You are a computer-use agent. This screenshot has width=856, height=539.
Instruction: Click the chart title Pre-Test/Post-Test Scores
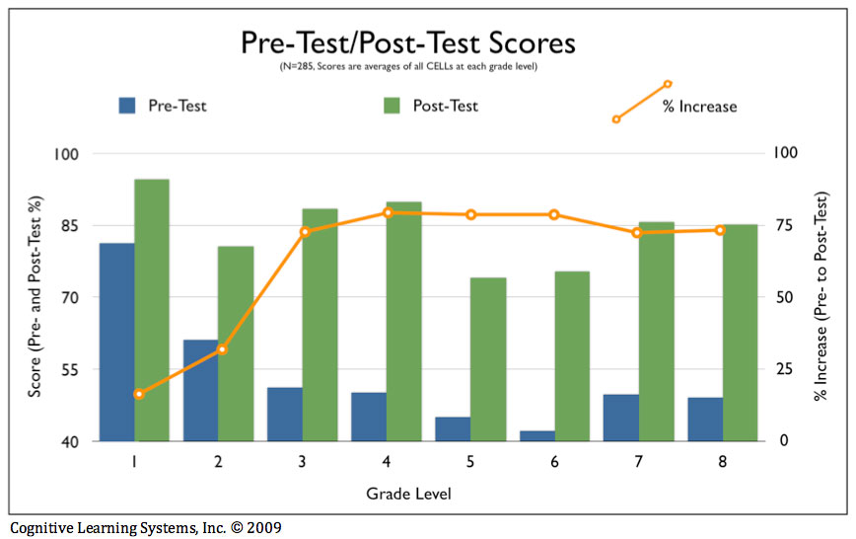pos(407,44)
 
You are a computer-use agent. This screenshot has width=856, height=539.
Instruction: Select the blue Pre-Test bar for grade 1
pos(116,342)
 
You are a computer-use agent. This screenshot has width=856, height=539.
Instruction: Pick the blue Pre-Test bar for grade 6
pos(537,435)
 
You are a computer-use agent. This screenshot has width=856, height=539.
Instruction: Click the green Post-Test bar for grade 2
pos(236,344)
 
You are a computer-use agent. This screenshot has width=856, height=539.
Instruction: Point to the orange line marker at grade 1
pos(139,394)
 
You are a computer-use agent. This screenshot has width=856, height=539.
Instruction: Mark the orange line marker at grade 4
pos(388,212)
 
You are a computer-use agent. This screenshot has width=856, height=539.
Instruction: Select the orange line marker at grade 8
pos(720,230)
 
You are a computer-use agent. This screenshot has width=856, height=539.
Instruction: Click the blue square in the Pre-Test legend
pos(127,105)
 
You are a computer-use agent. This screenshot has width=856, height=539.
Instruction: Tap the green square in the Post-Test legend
pos(392,105)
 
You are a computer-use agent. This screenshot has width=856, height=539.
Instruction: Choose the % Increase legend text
pos(699,107)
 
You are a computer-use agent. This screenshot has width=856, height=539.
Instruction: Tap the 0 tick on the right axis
pos(783,441)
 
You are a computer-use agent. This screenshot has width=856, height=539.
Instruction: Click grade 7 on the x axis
pos(638,461)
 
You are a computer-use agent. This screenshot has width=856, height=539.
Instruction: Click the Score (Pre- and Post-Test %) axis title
pos(36,298)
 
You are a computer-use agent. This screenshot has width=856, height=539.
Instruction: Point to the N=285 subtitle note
pos(407,67)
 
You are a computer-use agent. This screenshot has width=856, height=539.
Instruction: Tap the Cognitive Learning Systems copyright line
pos(145,527)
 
